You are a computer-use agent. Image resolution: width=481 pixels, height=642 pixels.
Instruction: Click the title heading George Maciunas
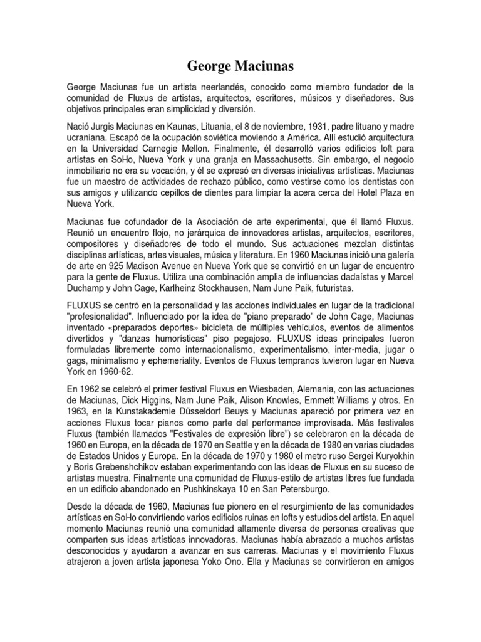(240, 66)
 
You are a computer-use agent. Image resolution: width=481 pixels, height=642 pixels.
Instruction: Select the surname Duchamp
(87, 289)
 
